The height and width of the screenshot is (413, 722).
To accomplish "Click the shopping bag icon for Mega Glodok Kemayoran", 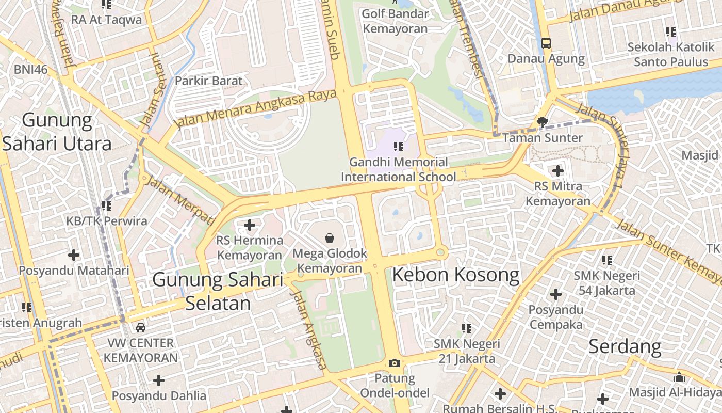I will [x=329, y=238].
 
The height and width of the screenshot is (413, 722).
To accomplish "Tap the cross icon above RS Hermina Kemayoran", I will [x=250, y=225].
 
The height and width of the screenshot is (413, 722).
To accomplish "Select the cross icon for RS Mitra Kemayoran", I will [x=557, y=171].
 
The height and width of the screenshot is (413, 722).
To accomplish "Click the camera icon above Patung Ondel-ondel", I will [x=395, y=363].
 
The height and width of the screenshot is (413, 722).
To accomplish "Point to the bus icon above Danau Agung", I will [x=546, y=43].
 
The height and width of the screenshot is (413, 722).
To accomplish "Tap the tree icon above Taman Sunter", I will [x=542, y=122].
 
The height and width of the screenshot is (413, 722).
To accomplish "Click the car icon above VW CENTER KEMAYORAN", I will [x=140, y=327].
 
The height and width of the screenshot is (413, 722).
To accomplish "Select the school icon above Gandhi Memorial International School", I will [x=398, y=147].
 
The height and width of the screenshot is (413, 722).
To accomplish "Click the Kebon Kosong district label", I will [x=455, y=275].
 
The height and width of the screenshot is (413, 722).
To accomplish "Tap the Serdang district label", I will [x=625, y=346].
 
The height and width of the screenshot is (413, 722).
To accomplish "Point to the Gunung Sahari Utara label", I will [x=57, y=132].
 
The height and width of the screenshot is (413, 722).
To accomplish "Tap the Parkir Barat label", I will [x=208, y=81].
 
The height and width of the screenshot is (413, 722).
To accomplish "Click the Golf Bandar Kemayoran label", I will [x=395, y=21].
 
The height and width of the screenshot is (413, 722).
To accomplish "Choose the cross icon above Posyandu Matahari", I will [x=74, y=255].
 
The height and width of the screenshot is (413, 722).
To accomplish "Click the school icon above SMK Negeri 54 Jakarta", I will [x=607, y=260].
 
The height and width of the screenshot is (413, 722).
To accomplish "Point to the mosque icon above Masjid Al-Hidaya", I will [x=679, y=377].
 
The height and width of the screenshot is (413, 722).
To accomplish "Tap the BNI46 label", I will [x=30, y=69].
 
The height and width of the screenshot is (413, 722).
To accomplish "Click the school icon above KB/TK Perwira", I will [x=107, y=206].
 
